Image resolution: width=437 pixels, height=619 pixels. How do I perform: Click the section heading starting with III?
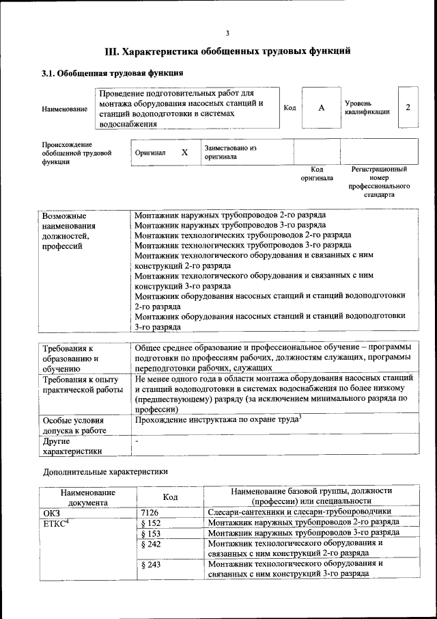[227, 51]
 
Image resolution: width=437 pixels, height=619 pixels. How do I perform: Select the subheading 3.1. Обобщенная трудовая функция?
[112, 73]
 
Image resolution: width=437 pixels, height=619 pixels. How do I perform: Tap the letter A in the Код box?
[321, 108]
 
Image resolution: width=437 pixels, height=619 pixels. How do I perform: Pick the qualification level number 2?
[408, 107]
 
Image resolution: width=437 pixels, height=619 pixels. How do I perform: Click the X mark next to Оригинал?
[184, 153]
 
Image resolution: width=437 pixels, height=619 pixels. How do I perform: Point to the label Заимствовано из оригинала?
[229, 152]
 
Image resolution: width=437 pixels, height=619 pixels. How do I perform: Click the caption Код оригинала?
[317, 174]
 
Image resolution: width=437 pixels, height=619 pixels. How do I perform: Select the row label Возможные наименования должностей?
[68, 231]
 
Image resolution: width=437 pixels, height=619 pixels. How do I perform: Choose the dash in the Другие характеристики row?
[137, 443]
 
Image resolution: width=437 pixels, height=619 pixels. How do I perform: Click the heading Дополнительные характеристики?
[105, 471]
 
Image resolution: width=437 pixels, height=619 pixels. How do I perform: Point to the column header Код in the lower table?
[171, 497]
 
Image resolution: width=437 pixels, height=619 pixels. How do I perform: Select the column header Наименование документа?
[88, 497]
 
